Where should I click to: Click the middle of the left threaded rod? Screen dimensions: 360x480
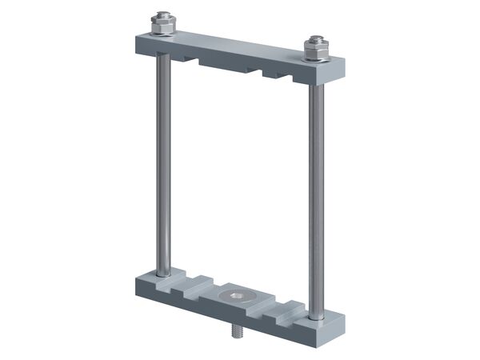(x=163, y=160)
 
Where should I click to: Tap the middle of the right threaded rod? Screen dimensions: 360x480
(x=314, y=184)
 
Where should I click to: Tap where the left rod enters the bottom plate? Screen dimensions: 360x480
(x=163, y=273)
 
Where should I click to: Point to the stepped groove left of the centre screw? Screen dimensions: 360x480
(x=196, y=286)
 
